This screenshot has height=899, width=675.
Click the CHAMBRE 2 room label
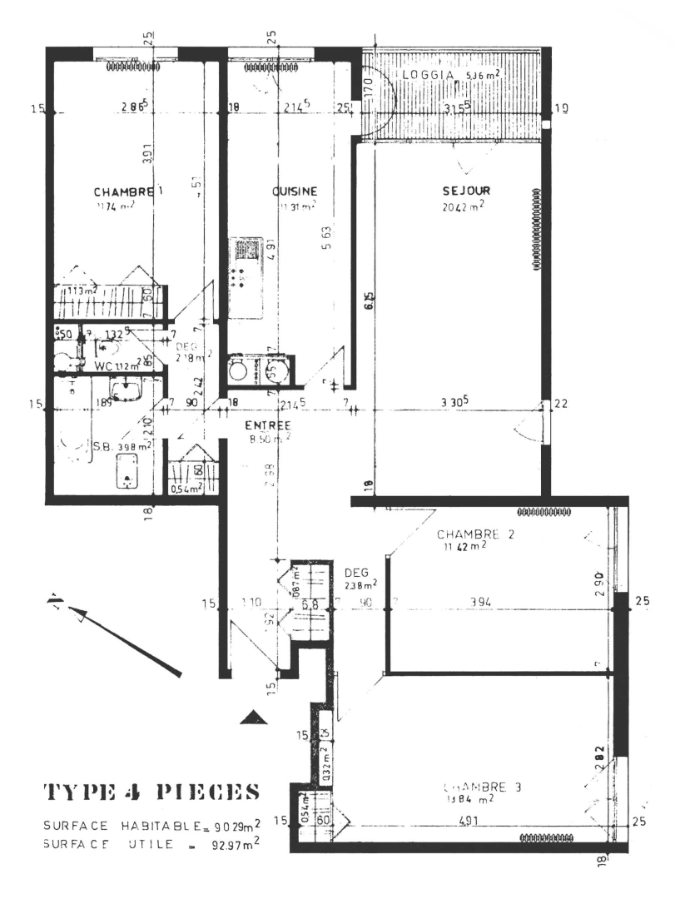[x=473, y=534]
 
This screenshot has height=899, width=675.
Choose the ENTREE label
[x=267, y=425]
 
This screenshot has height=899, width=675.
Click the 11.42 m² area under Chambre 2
[x=466, y=547]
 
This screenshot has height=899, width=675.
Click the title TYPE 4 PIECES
[x=144, y=789]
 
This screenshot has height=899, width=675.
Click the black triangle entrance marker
[x=253, y=717]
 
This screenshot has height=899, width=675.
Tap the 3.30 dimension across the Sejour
[x=453, y=402]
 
